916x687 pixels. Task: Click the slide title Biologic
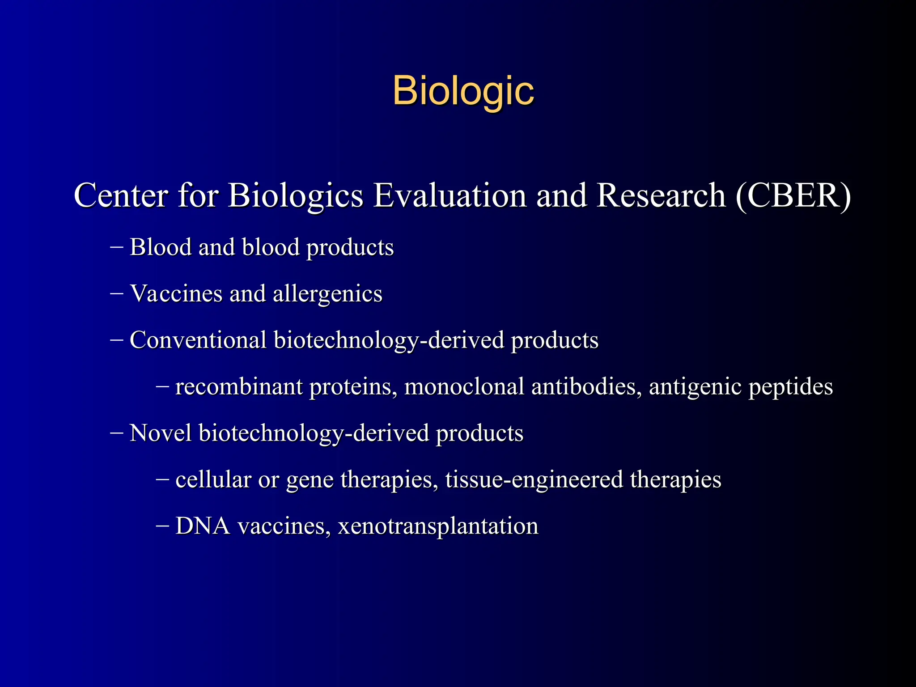point(463,91)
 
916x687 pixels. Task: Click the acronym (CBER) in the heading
point(793,195)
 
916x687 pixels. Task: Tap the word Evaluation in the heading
point(450,195)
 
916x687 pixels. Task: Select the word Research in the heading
point(661,195)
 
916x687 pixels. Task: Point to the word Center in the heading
point(121,195)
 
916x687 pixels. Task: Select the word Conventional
point(198,340)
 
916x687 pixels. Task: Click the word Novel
point(160,433)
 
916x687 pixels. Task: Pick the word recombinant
point(239,386)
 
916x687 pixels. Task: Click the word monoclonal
point(464,386)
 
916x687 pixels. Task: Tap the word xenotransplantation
point(438,526)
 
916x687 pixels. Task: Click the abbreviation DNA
point(203,526)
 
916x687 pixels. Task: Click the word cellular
point(213,479)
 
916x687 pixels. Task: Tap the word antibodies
point(584,386)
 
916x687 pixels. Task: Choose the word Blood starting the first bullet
point(160,247)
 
